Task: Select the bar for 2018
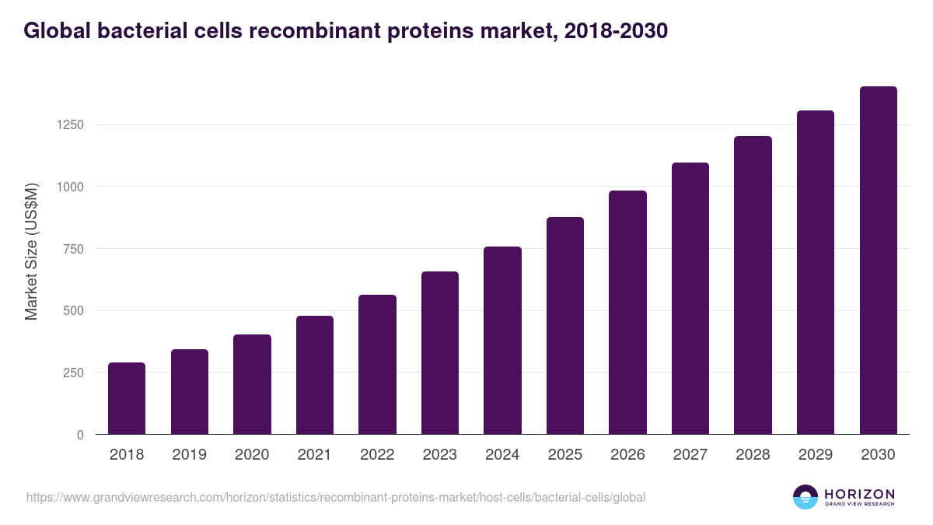coord(127,398)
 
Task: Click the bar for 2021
coord(315,375)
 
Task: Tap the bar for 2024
coord(502,341)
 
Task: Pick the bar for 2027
coord(690,299)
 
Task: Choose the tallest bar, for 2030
coord(878,261)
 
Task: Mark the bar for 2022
coord(377,365)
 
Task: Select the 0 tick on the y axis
coord(79,435)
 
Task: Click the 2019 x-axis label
coord(189,455)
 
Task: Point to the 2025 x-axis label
coord(564,455)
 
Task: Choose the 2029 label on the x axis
coord(815,455)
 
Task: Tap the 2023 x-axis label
coord(439,455)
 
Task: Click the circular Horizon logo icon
coord(805,497)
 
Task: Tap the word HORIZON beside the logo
coord(859,494)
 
